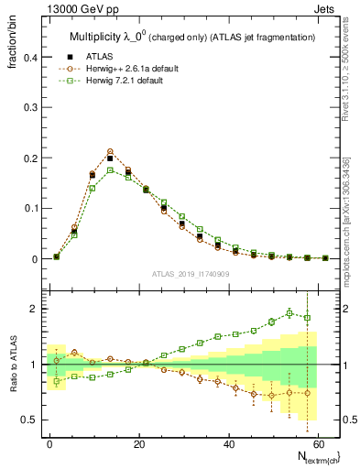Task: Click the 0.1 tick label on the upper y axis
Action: pyautogui.click(x=27, y=209)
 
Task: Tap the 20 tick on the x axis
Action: pyautogui.click(x=138, y=442)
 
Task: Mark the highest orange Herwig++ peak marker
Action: pyautogui.click(x=110, y=151)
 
